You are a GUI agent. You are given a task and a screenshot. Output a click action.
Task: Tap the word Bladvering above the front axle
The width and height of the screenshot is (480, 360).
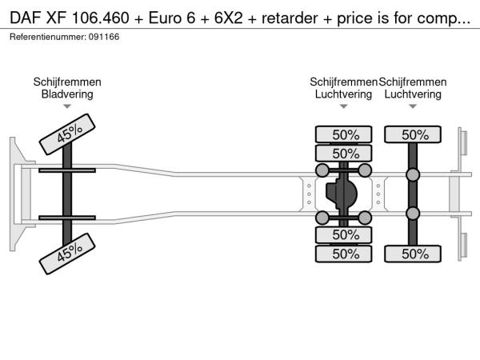[x=67, y=94]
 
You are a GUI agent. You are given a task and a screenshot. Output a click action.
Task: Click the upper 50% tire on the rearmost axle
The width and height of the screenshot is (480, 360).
[x=414, y=134]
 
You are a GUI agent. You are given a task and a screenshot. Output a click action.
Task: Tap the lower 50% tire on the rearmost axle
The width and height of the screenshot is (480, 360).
[x=414, y=254]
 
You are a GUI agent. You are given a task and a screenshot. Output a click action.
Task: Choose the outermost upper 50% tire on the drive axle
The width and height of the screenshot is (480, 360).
[x=345, y=134]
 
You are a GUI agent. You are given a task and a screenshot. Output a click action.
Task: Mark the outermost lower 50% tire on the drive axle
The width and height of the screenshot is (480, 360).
[x=345, y=254]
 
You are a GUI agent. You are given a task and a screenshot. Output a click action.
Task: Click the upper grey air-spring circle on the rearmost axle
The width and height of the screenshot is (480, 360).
[x=414, y=174]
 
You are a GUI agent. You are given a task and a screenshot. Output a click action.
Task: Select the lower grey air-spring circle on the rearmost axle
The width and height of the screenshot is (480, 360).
[x=414, y=213]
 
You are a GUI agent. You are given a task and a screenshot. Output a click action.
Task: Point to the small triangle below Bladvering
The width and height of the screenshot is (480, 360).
[x=67, y=106]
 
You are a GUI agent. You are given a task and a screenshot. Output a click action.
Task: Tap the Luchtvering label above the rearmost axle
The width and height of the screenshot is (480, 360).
[x=413, y=94]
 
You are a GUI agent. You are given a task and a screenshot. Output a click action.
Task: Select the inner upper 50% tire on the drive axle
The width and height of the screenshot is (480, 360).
[x=345, y=153]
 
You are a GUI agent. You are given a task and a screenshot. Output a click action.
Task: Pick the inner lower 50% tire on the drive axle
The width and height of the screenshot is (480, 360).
[x=345, y=235]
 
